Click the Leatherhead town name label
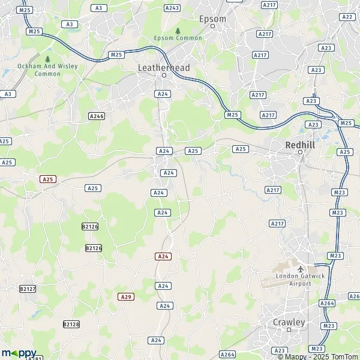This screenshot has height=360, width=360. [163, 68]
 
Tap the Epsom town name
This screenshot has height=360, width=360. [212, 19]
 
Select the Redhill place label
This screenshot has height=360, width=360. [300, 145]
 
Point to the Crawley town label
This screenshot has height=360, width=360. [289, 322]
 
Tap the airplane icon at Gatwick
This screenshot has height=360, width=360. [300, 268]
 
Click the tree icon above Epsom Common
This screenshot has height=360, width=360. [178, 31]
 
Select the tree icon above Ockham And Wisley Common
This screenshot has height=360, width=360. [47, 59]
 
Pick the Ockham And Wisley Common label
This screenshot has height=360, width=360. [39, 70]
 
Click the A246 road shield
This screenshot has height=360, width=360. [96, 116]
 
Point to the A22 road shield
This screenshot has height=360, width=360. [347, 17]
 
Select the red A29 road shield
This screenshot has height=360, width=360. [125, 296]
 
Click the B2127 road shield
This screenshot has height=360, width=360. [28, 289]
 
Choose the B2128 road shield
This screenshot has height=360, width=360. [71, 324]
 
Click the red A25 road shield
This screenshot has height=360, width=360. [48, 179]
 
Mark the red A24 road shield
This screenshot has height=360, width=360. [163, 256]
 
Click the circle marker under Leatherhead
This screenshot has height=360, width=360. [163, 76]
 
